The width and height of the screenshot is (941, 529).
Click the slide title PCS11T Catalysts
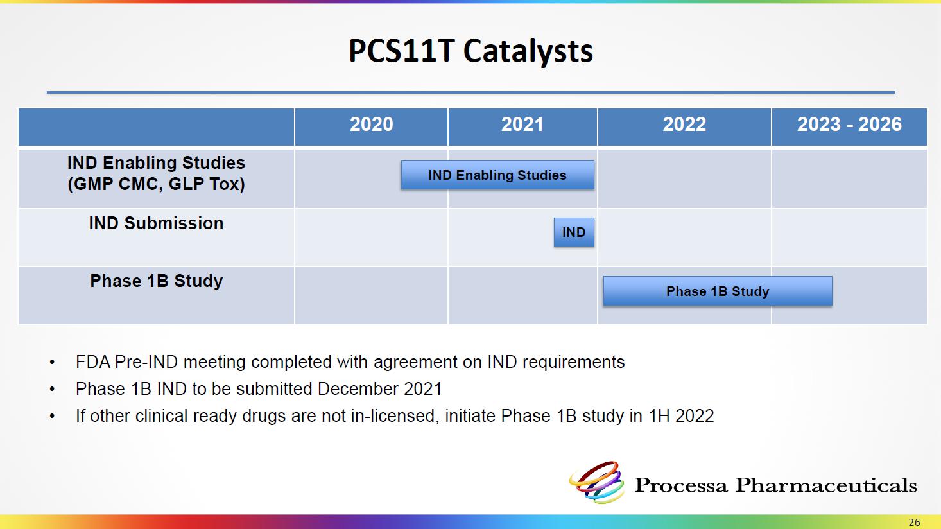coord(470,51)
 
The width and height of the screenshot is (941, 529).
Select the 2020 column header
coord(372,125)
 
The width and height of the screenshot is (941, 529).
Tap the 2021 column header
coord(522,125)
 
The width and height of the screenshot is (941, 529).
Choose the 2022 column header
coord(684,125)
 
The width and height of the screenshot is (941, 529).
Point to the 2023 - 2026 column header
coord(849,125)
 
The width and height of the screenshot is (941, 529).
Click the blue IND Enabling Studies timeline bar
coord(497,175)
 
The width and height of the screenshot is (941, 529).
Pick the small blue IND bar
coord(574,232)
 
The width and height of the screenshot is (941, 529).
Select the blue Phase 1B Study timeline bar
coord(718,291)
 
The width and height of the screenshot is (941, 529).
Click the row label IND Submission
coord(156,223)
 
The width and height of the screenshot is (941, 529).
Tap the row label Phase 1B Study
coord(156,281)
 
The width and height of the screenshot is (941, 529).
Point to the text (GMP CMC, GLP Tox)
coord(156,184)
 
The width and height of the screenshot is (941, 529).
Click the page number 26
coord(915,523)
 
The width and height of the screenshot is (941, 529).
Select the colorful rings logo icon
coord(596,482)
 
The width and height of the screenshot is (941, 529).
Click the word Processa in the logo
coord(680,485)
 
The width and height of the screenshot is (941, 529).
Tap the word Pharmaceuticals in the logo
coord(826,485)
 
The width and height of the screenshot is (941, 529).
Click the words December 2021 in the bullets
coord(380,388)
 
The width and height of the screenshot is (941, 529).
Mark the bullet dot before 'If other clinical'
coord(52,417)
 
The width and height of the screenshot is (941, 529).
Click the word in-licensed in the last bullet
coord(395,416)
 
